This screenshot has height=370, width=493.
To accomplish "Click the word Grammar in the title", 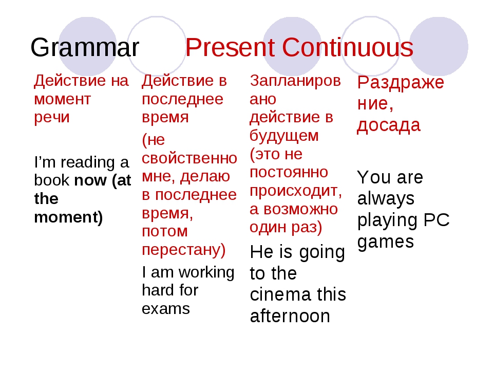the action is coord(85,47).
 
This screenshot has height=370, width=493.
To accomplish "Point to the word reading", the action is coord(88,163).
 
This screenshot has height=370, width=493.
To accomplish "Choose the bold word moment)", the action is coord(68,217).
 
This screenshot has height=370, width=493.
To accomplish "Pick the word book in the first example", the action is coord(52,180).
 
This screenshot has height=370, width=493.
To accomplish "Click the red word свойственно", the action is coord(189,158).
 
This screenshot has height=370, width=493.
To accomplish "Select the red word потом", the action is coord(165,232).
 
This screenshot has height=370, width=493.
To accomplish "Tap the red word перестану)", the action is coord(184,250).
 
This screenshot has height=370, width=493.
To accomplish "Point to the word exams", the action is coord(166,309).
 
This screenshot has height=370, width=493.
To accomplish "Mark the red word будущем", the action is coord(284,136).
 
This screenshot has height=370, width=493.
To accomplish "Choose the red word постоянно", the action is coord(289,172).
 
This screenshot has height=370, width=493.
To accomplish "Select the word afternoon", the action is coord(290,316).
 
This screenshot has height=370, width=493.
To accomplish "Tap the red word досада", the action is coord(389,125).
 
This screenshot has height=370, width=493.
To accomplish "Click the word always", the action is coord(386,199).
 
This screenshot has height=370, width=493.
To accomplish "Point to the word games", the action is coord(386,243).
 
